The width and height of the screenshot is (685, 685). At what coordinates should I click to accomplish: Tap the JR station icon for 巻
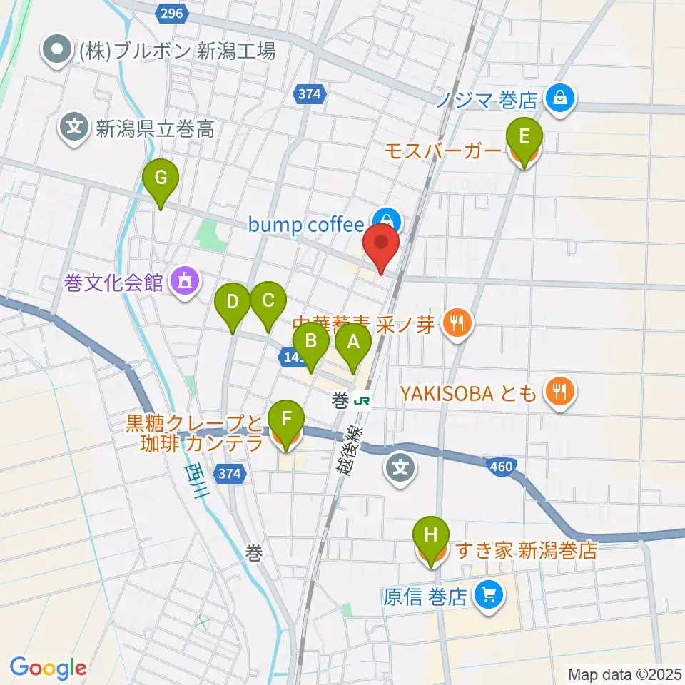(362, 401)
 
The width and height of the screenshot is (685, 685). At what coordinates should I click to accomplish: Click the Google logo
(48, 668)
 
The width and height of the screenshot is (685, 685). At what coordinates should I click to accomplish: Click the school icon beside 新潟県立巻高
(74, 129)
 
